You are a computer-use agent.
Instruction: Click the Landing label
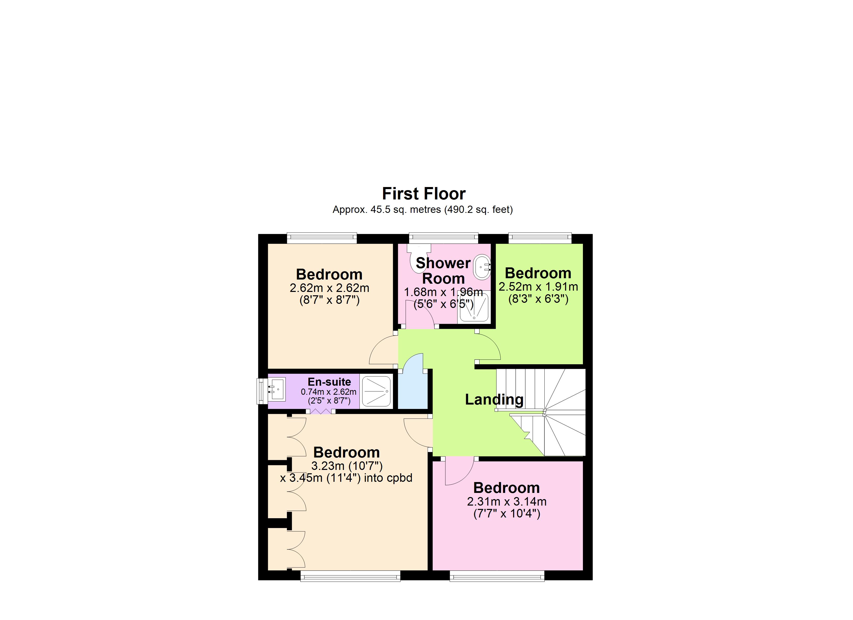point(494,399)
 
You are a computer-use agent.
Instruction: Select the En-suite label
point(329,382)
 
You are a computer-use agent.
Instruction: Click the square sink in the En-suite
point(276,389)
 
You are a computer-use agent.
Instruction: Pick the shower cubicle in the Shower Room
point(474,308)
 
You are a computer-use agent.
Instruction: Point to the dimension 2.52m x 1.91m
point(538,286)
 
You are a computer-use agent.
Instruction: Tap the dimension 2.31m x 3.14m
point(507,501)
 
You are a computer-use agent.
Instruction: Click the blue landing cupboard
point(413,391)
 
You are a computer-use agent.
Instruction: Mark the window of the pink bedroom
point(497,576)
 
